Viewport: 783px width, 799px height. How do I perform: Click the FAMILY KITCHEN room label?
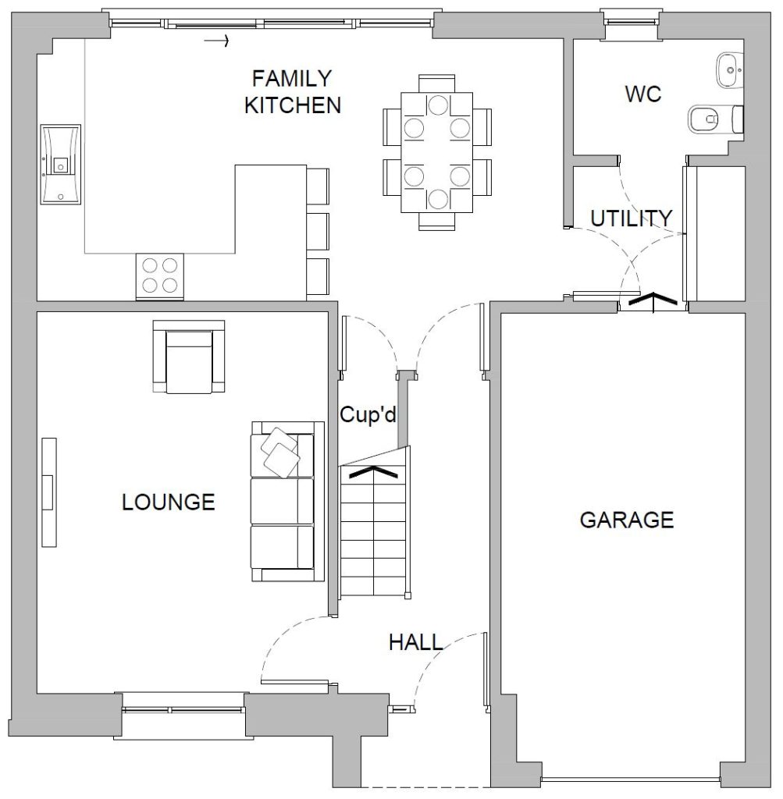coord(293,92)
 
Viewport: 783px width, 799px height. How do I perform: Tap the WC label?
coord(642,94)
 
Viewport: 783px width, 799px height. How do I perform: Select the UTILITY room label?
coord(631,218)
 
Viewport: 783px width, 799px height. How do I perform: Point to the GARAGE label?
coord(627,520)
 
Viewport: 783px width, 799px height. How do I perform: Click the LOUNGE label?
coord(168,502)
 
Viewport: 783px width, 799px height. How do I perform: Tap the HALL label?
coord(416,643)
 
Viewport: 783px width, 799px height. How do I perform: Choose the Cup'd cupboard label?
coord(368,414)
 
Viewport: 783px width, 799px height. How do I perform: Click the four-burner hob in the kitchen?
coord(159,275)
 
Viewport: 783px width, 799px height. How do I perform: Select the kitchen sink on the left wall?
coord(61,164)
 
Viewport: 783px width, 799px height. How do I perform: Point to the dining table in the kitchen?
coord(437,152)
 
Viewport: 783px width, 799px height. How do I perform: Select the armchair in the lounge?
coord(189,357)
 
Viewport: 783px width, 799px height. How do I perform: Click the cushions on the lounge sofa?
coord(280,452)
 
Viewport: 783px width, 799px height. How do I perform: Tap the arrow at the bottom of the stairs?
coord(374,471)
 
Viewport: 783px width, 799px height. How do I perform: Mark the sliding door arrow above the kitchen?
coord(217,41)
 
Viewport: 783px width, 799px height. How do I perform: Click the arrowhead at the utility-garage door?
coord(653,300)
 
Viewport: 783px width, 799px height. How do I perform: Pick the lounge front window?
coord(181,709)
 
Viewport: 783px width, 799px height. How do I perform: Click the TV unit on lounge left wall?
coord(49,492)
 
